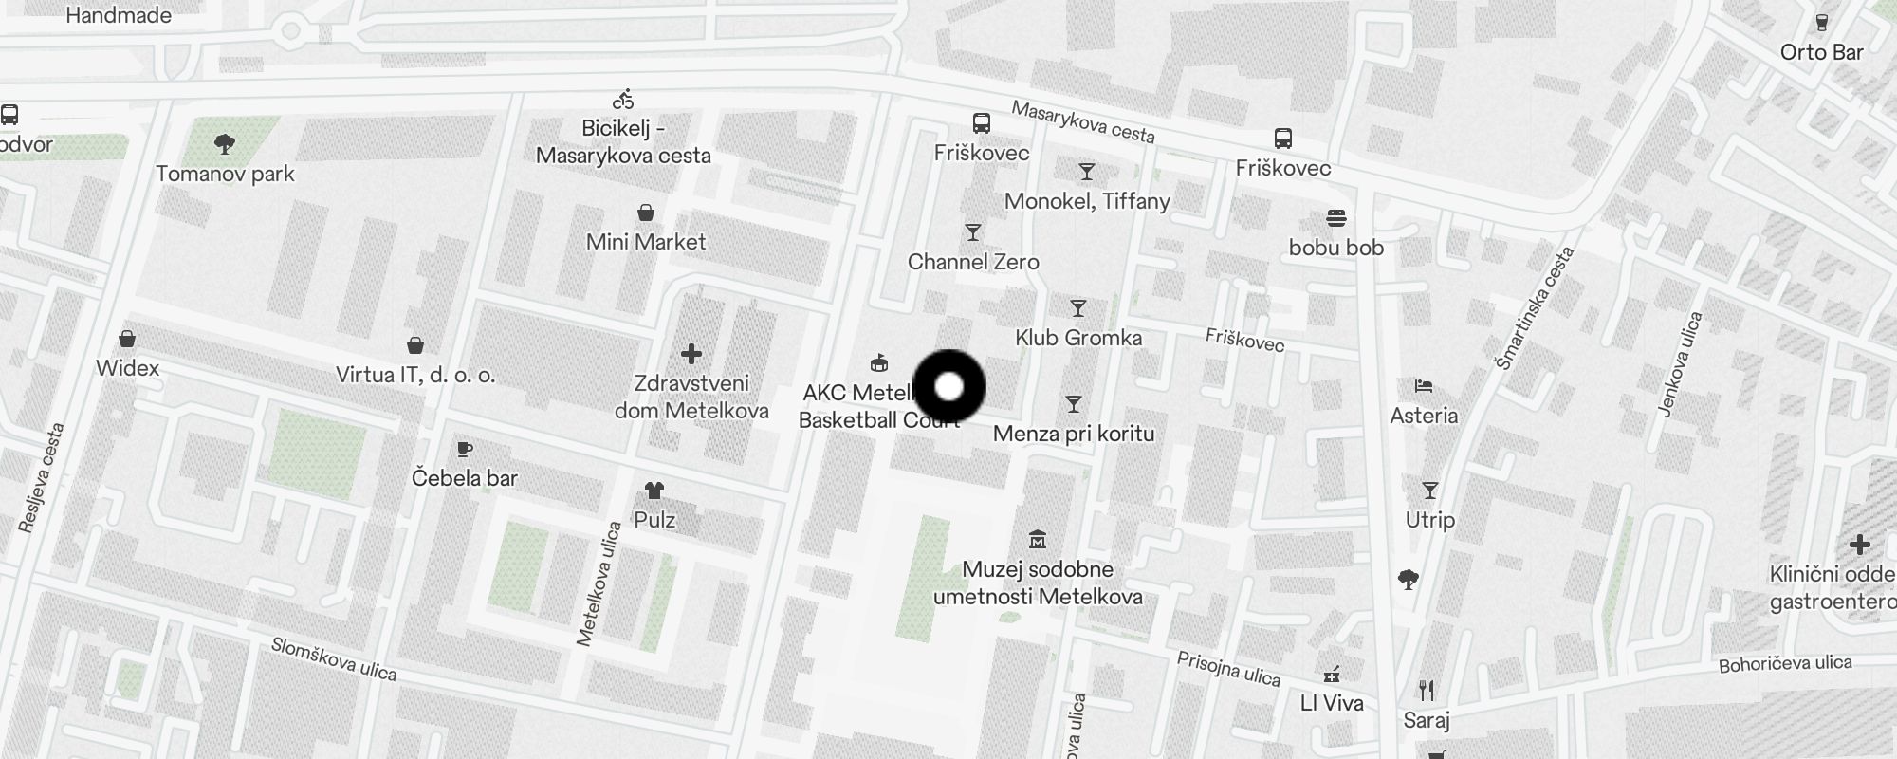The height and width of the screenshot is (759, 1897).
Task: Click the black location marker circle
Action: [x=949, y=386]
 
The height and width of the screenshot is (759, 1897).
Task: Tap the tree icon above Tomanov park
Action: [x=225, y=144]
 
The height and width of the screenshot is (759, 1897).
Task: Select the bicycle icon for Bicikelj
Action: [x=623, y=99]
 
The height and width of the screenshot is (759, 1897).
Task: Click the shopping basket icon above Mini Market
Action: [x=646, y=212]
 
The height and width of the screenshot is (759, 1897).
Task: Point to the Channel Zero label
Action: [x=973, y=262]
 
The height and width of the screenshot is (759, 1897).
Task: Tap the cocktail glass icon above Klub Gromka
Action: [x=1077, y=308]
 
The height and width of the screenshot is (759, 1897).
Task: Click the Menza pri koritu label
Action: [x=1074, y=434]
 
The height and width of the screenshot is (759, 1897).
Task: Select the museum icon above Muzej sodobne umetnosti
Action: [x=1038, y=540]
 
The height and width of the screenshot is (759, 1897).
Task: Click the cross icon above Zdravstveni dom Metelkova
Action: [x=691, y=354]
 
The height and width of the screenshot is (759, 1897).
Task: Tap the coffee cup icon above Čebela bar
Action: [x=464, y=449]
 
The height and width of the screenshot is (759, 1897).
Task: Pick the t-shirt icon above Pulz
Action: [x=654, y=491]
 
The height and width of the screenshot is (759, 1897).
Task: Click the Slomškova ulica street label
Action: [x=334, y=658]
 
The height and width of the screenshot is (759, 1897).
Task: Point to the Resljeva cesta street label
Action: [x=42, y=477]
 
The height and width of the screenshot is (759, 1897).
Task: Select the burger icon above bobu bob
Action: [x=1336, y=218]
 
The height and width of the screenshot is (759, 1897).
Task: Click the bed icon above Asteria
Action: [x=1424, y=386]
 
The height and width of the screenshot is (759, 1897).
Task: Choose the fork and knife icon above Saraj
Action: [x=1427, y=690]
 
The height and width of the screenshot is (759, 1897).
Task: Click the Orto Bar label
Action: [x=1821, y=52]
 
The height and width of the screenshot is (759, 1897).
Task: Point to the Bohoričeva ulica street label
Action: [x=1785, y=664]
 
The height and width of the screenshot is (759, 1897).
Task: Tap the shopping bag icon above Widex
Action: [x=127, y=339]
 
